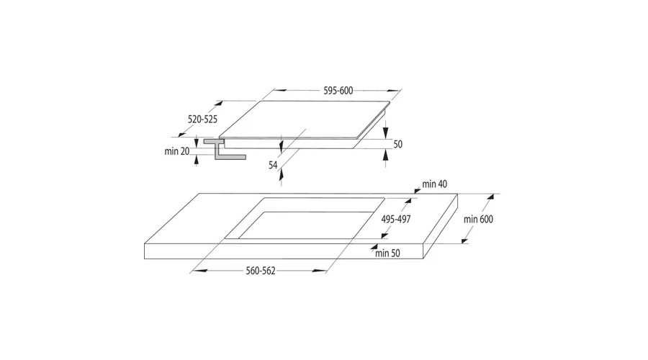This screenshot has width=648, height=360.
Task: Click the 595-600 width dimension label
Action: click(338, 91)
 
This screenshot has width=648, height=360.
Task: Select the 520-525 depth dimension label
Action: click(202, 120)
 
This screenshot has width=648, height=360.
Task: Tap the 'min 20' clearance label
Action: click(177, 151)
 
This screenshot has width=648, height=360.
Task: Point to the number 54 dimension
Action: click(273, 166)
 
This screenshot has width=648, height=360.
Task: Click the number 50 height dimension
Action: click(397, 144)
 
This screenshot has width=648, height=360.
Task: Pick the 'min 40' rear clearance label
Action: click(434, 184)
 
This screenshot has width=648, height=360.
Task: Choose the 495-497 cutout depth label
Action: click(396, 219)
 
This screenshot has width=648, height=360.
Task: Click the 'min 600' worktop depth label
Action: click(478, 219)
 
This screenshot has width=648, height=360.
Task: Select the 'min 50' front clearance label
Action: click(387, 253)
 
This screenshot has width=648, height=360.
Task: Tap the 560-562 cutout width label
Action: click(261, 271)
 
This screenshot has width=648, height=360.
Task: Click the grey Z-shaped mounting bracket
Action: click(222, 149)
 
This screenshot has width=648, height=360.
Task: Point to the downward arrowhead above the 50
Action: click(386, 132)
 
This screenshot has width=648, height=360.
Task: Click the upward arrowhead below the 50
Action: click(386, 155)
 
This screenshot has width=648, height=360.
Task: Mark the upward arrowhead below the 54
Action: click(282, 175)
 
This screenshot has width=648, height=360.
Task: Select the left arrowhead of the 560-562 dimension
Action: click(200, 271)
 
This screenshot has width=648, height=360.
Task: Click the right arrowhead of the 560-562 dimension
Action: click(319, 271)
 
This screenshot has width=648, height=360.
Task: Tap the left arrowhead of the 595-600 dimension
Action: click(281, 91)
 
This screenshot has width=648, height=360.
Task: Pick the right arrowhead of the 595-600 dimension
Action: click(394, 91)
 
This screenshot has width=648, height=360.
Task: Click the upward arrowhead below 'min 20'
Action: click(197, 160)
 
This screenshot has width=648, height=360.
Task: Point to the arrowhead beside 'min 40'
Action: click(417, 189)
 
